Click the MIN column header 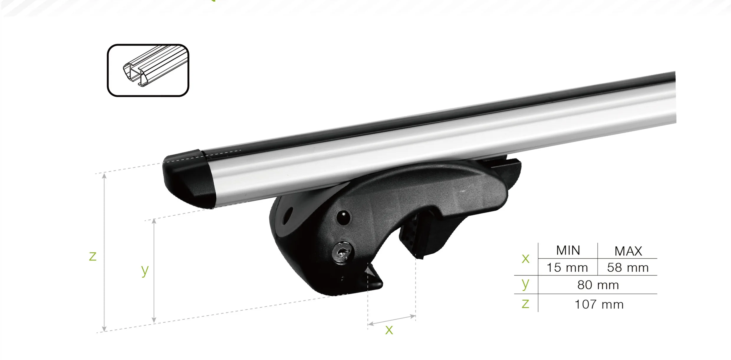(x=568, y=250)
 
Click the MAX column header (x=628, y=251)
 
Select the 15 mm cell (x=567, y=268)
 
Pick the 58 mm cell (x=628, y=268)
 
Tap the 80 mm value (x=598, y=285)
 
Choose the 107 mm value (x=599, y=305)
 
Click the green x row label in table (x=525, y=259)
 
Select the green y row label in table (x=525, y=284)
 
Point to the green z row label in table (x=525, y=304)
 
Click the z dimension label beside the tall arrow (x=93, y=256)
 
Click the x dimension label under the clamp (x=389, y=330)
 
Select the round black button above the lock (x=343, y=218)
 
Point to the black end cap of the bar (x=189, y=180)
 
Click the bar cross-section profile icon (x=148, y=70)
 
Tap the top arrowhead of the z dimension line (x=104, y=176)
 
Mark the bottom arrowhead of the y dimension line (x=154, y=320)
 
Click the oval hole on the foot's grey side (x=289, y=213)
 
